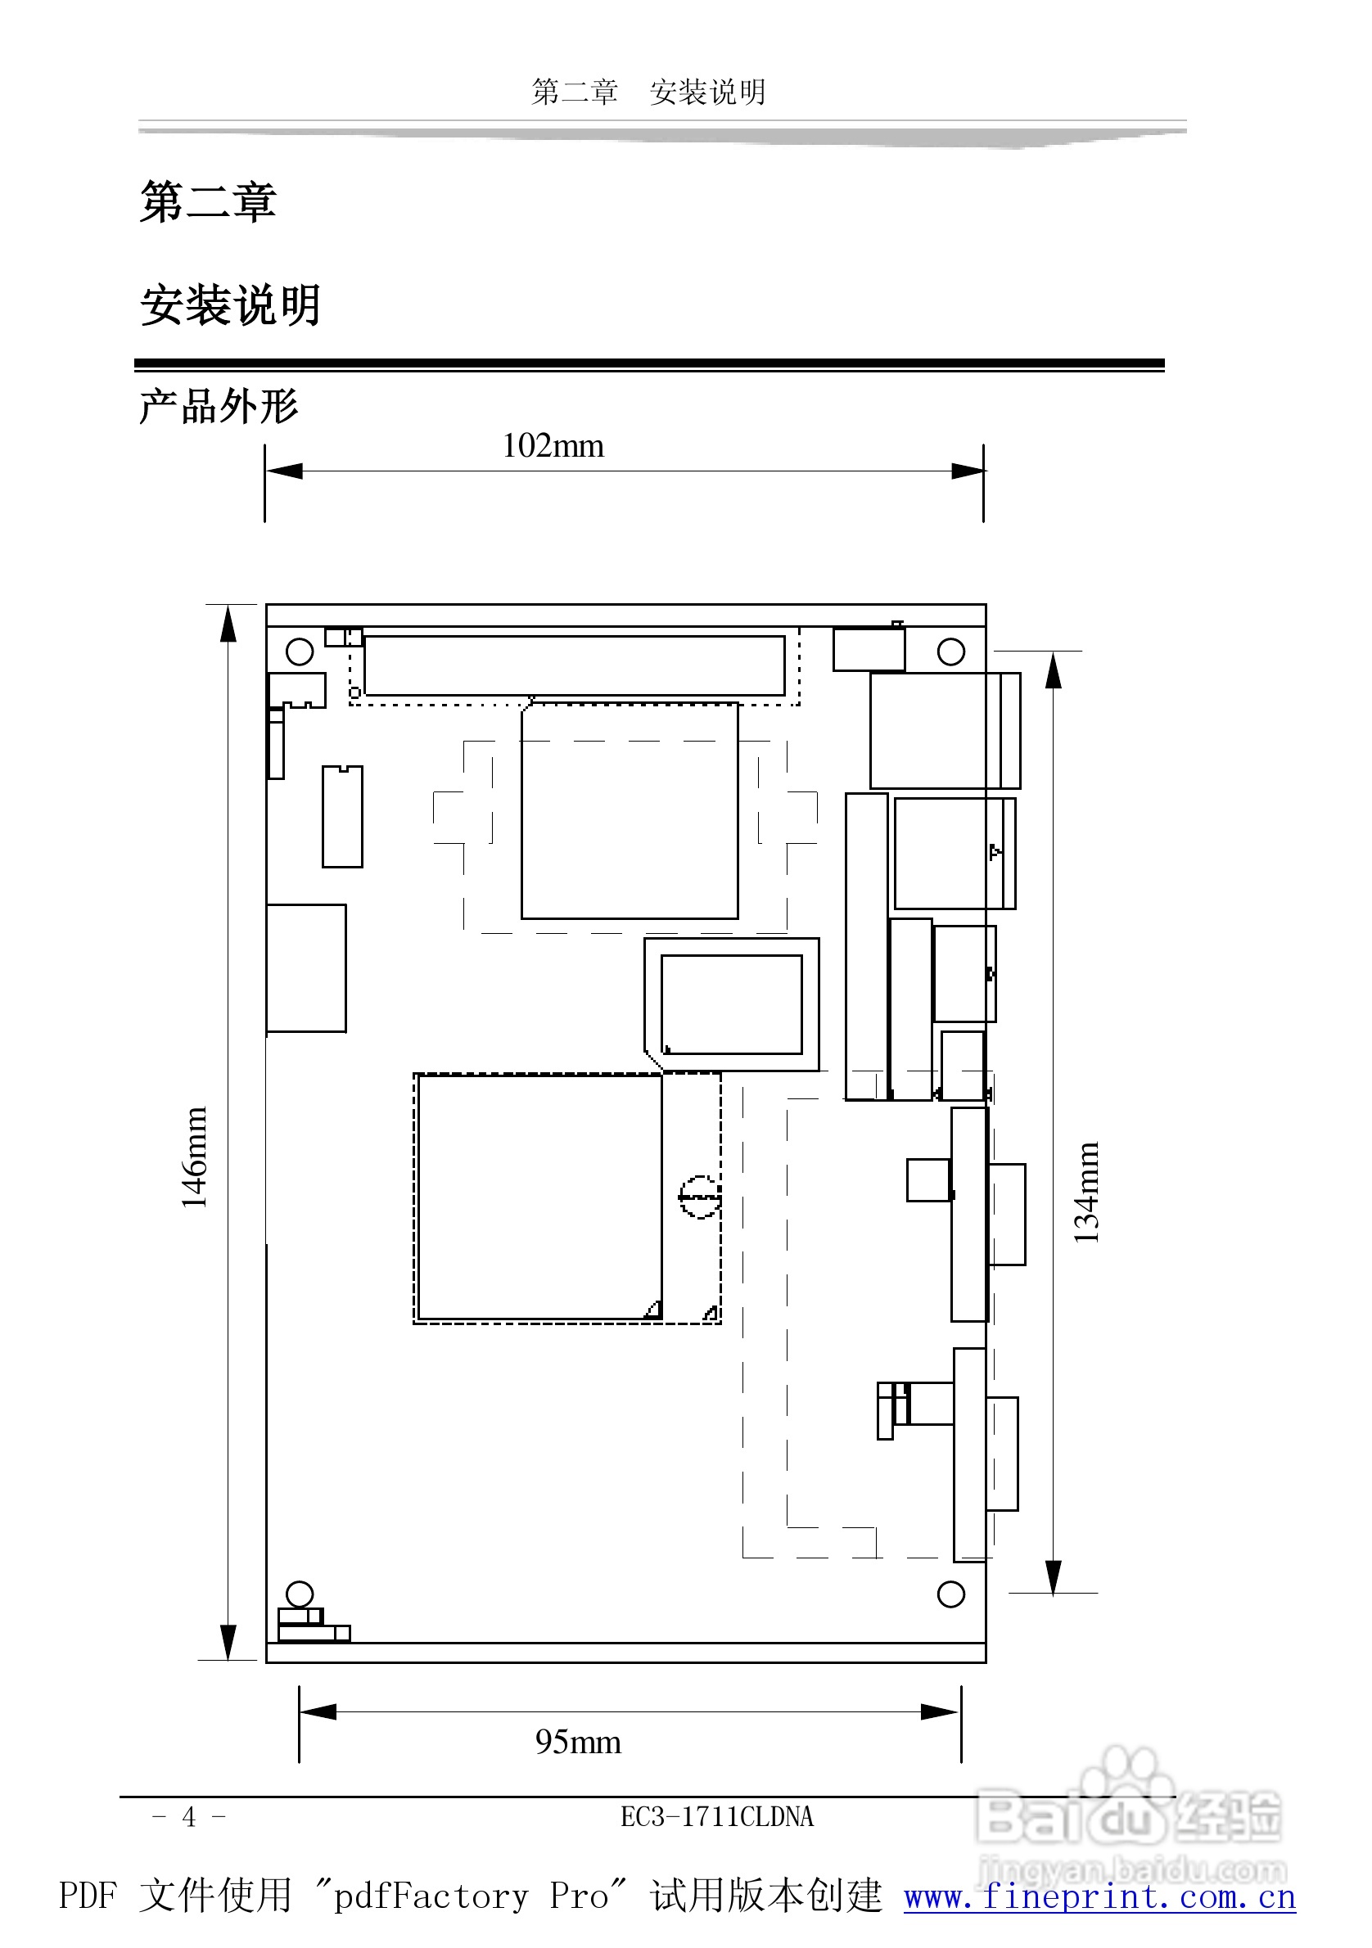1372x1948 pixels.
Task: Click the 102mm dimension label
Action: (553, 445)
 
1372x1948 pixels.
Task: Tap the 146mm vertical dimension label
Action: (194, 1157)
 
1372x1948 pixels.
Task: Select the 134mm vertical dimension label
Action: (1086, 1193)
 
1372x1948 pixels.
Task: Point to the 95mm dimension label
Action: (578, 1742)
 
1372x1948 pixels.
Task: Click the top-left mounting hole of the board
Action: (300, 652)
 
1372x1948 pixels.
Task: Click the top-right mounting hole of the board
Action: (950, 652)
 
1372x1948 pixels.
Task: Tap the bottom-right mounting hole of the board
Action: (950, 1594)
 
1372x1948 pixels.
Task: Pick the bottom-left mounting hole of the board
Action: (300, 1594)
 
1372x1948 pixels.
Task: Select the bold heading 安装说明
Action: (230, 305)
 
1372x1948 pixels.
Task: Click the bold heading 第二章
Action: (208, 202)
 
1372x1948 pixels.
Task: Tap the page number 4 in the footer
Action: (188, 1816)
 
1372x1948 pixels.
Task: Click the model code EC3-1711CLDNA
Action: (717, 1816)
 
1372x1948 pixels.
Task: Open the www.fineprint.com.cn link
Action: (1099, 1896)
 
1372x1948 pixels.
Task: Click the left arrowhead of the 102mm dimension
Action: (284, 471)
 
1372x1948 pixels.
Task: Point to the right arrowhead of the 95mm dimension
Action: (941, 1712)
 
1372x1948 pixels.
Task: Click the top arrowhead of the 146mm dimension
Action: (228, 625)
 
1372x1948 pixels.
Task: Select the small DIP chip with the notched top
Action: (342, 816)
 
